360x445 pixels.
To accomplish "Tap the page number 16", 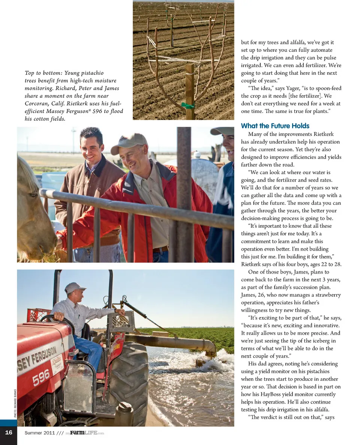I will [x=8, y=433].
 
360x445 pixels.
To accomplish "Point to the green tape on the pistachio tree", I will [x=188, y=105].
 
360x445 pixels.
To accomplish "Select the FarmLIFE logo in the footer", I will [x=84, y=433].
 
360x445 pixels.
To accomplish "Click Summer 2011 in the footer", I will [x=39, y=433].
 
